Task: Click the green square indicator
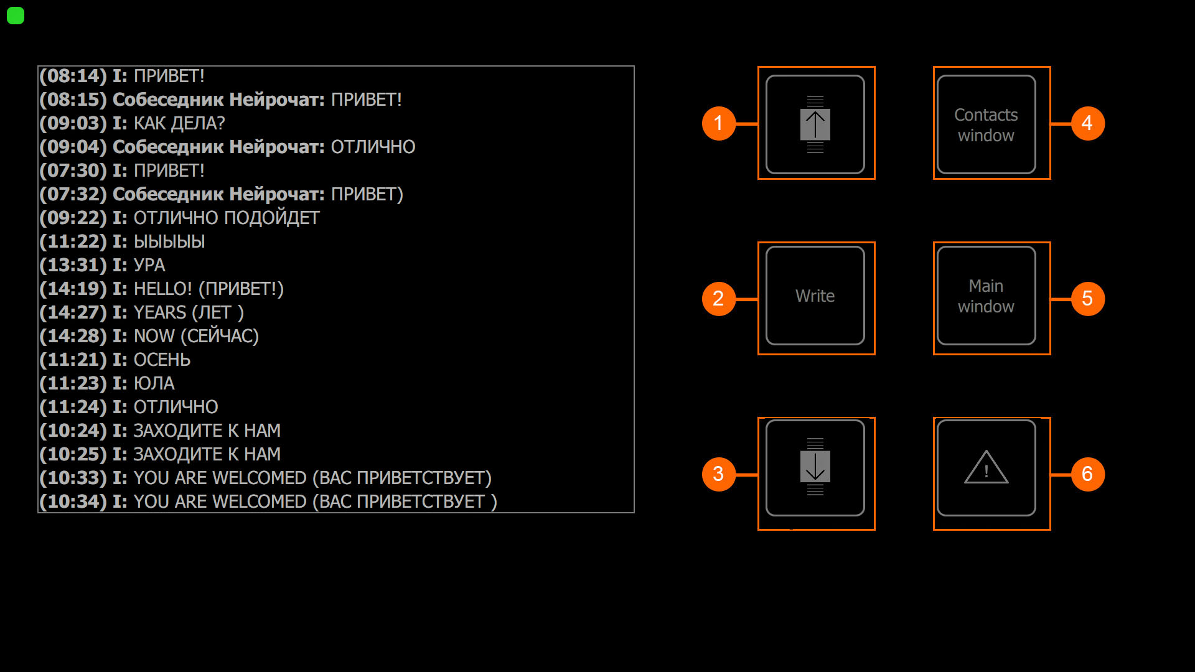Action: pos(16,16)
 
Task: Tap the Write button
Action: pos(815,296)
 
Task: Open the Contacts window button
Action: pos(986,124)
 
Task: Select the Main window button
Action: pos(986,296)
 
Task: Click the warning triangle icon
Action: pos(986,468)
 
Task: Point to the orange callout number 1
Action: pos(718,123)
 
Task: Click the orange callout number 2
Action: pos(718,299)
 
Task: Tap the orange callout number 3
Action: pos(718,474)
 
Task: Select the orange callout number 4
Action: pos(1087,123)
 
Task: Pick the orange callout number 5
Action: pos(1087,299)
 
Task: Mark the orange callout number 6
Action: pos(1087,474)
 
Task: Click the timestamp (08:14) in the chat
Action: pos(73,76)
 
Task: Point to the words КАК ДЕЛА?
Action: pos(179,123)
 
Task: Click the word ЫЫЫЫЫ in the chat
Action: pos(169,241)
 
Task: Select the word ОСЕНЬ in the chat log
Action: pos(162,360)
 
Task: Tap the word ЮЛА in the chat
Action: pos(154,383)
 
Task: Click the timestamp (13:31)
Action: pos(73,265)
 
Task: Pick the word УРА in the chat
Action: pos(149,265)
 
